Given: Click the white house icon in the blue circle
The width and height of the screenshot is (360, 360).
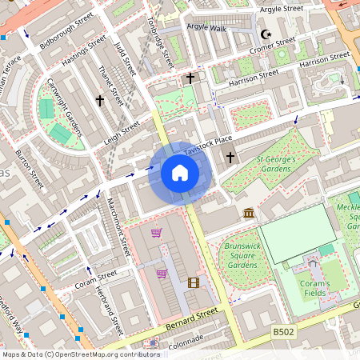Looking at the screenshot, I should [180, 173].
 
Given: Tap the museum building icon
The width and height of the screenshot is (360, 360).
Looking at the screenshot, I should [250, 214].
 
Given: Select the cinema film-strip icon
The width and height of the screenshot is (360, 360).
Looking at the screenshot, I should [193, 282].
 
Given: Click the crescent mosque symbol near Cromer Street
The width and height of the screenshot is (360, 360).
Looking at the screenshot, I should [266, 35].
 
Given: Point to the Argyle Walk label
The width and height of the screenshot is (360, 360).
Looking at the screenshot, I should [207, 26].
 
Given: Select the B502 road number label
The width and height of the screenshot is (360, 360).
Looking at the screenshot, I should [283, 331].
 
